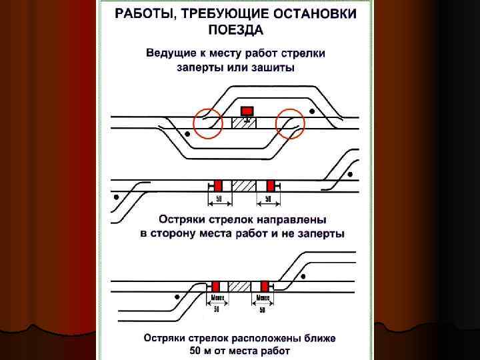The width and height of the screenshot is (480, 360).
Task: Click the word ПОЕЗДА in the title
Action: pyautogui.click(x=235, y=29)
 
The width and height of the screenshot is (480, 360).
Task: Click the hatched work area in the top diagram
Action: pyautogui.click(x=244, y=123)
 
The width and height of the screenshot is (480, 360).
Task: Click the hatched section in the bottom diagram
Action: pyautogui.click(x=239, y=285)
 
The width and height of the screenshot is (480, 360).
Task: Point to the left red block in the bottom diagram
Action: pyautogui.click(x=216, y=285)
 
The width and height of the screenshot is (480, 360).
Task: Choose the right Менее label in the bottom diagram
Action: pyautogui.click(x=262, y=297)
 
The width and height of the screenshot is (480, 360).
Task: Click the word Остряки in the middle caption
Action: pyautogui.click(x=180, y=219)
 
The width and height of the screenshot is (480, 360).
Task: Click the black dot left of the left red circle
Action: pyautogui.click(x=188, y=135)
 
